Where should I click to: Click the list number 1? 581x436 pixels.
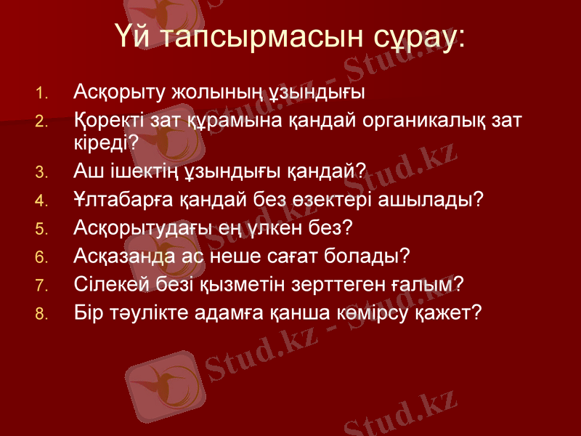pyautogui.click(x=41, y=94)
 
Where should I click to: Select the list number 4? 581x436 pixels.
pyautogui.click(x=41, y=200)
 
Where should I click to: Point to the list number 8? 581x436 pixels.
pyautogui.click(x=41, y=313)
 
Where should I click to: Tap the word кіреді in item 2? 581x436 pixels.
pyautogui.click(x=101, y=142)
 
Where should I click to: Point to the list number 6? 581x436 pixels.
pyautogui.click(x=41, y=257)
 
